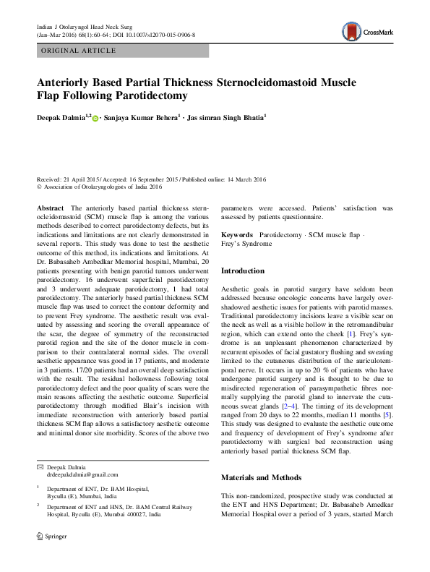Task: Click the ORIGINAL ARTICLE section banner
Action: point(79,51)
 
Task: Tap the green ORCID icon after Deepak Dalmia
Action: point(95,116)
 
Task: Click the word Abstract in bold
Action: point(50,208)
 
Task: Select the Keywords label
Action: point(236,236)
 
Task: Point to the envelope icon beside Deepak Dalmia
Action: point(40,466)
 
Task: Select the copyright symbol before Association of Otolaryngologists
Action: point(39,186)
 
